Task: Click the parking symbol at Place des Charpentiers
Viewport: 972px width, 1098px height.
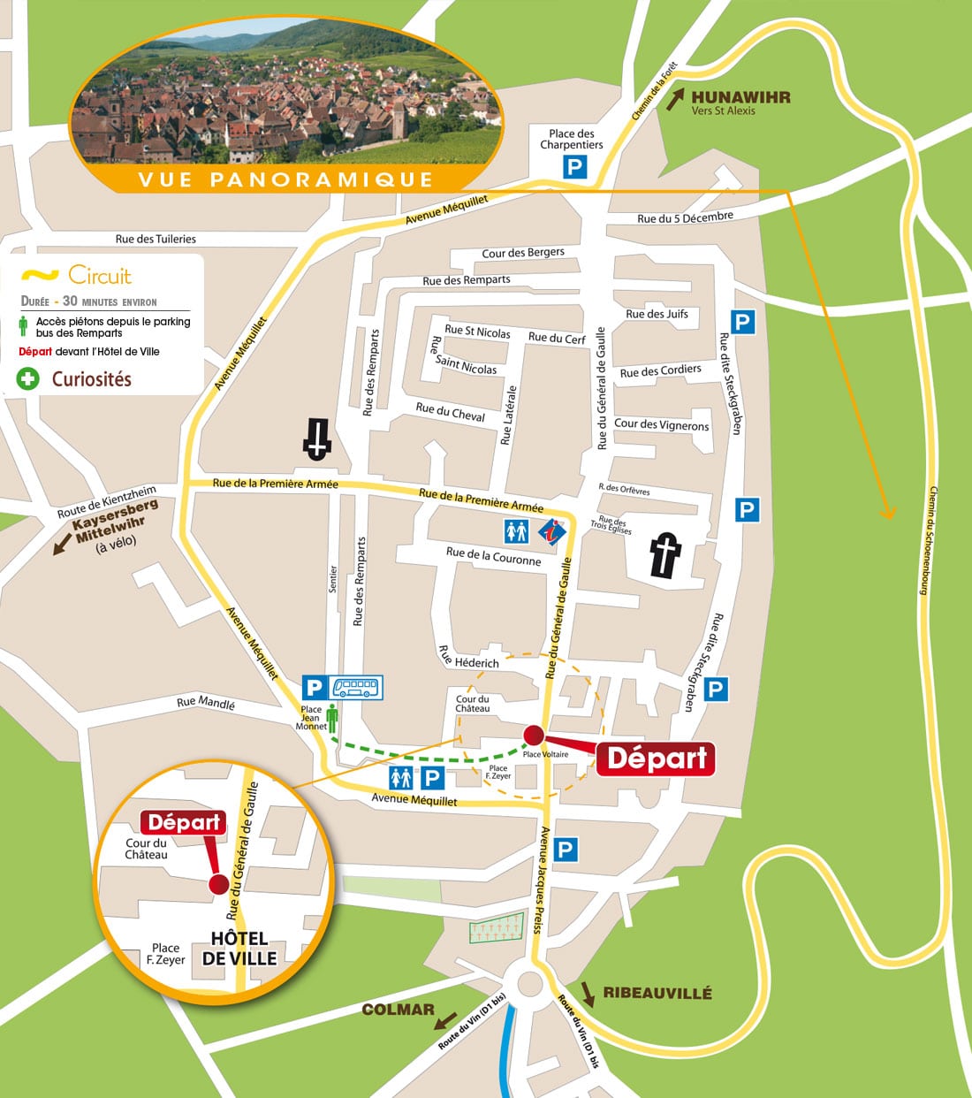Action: pyautogui.click(x=575, y=166)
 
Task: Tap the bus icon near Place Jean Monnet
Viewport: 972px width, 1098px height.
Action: pyautogui.click(x=357, y=688)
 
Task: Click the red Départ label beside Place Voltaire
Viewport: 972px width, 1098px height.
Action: pyautogui.click(x=656, y=759)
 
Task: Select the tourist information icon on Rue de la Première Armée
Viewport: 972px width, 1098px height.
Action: pyautogui.click(x=553, y=531)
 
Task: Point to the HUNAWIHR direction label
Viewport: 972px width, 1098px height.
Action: pyautogui.click(x=740, y=97)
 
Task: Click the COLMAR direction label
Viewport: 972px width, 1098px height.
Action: pyautogui.click(x=398, y=1010)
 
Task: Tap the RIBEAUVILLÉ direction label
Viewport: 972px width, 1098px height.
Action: pyautogui.click(x=657, y=993)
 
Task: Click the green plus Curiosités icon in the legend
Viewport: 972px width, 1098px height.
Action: pyautogui.click(x=28, y=379)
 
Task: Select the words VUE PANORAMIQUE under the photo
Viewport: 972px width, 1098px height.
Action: pyautogui.click(x=285, y=180)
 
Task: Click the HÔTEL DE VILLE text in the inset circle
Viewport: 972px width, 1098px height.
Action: pyautogui.click(x=239, y=949)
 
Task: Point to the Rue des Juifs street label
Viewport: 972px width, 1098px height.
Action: pyautogui.click(x=657, y=314)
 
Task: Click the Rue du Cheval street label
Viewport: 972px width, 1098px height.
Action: pyautogui.click(x=451, y=412)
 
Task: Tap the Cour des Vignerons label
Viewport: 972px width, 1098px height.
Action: pyautogui.click(x=661, y=424)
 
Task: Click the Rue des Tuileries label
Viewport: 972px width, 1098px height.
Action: pyautogui.click(x=156, y=239)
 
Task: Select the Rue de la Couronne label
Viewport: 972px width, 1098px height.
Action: pyautogui.click(x=493, y=556)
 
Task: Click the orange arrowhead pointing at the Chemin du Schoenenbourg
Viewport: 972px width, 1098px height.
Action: pyautogui.click(x=888, y=512)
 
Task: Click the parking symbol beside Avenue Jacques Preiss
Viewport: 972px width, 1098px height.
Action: pyautogui.click(x=565, y=850)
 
